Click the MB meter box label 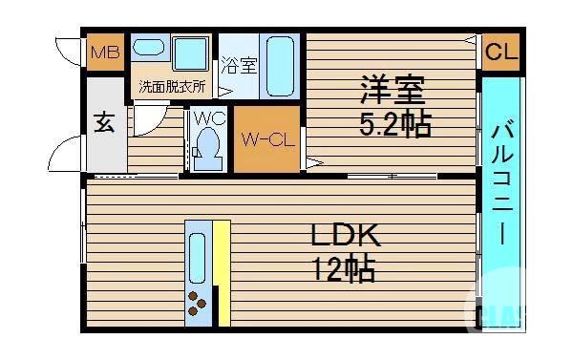coord(105,53)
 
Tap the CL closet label coord(499,53)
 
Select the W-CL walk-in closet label coord(267,140)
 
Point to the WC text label coord(208,118)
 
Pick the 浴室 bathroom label coord(239,66)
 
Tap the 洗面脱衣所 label coord(172,86)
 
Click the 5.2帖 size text coord(394,124)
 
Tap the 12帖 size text coord(341,271)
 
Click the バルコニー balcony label coord(501,181)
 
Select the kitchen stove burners coord(198,303)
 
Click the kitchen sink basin coord(198,256)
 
